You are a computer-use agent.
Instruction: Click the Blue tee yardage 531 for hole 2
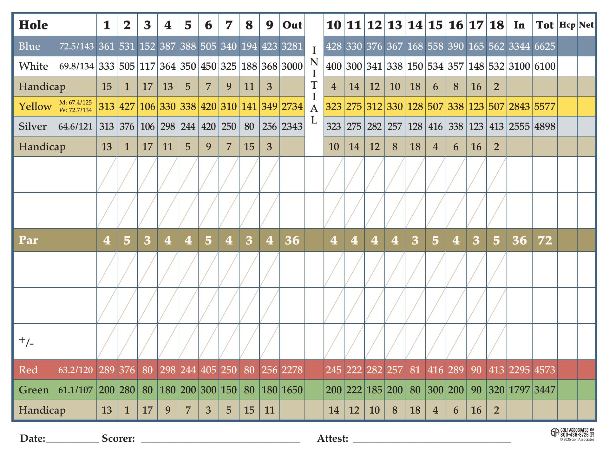click(127, 46)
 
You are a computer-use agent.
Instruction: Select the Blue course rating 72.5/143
click(76, 46)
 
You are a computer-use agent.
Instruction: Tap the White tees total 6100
click(545, 66)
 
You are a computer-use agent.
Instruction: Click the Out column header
click(292, 25)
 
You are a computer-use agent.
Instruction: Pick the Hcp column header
click(567, 25)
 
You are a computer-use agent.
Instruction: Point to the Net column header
click(586, 25)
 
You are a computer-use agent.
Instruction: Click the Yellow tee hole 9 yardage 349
click(269, 106)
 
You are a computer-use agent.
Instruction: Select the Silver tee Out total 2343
click(292, 126)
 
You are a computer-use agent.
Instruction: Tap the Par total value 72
click(545, 240)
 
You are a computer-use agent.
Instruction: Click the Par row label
click(28, 240)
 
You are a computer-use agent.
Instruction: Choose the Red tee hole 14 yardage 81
click(415, 370)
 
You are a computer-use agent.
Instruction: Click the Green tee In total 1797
click(519, 390)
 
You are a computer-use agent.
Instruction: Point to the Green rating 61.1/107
click(75, 390)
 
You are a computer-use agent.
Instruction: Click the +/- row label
click(26, 342)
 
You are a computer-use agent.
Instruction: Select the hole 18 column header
click(496, 25)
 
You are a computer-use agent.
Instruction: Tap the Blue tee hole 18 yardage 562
click(496, 46)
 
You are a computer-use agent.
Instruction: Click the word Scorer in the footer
click(118, 439)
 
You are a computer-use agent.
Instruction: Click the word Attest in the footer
click(333, 439)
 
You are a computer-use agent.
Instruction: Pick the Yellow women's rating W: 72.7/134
click(75, 110)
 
